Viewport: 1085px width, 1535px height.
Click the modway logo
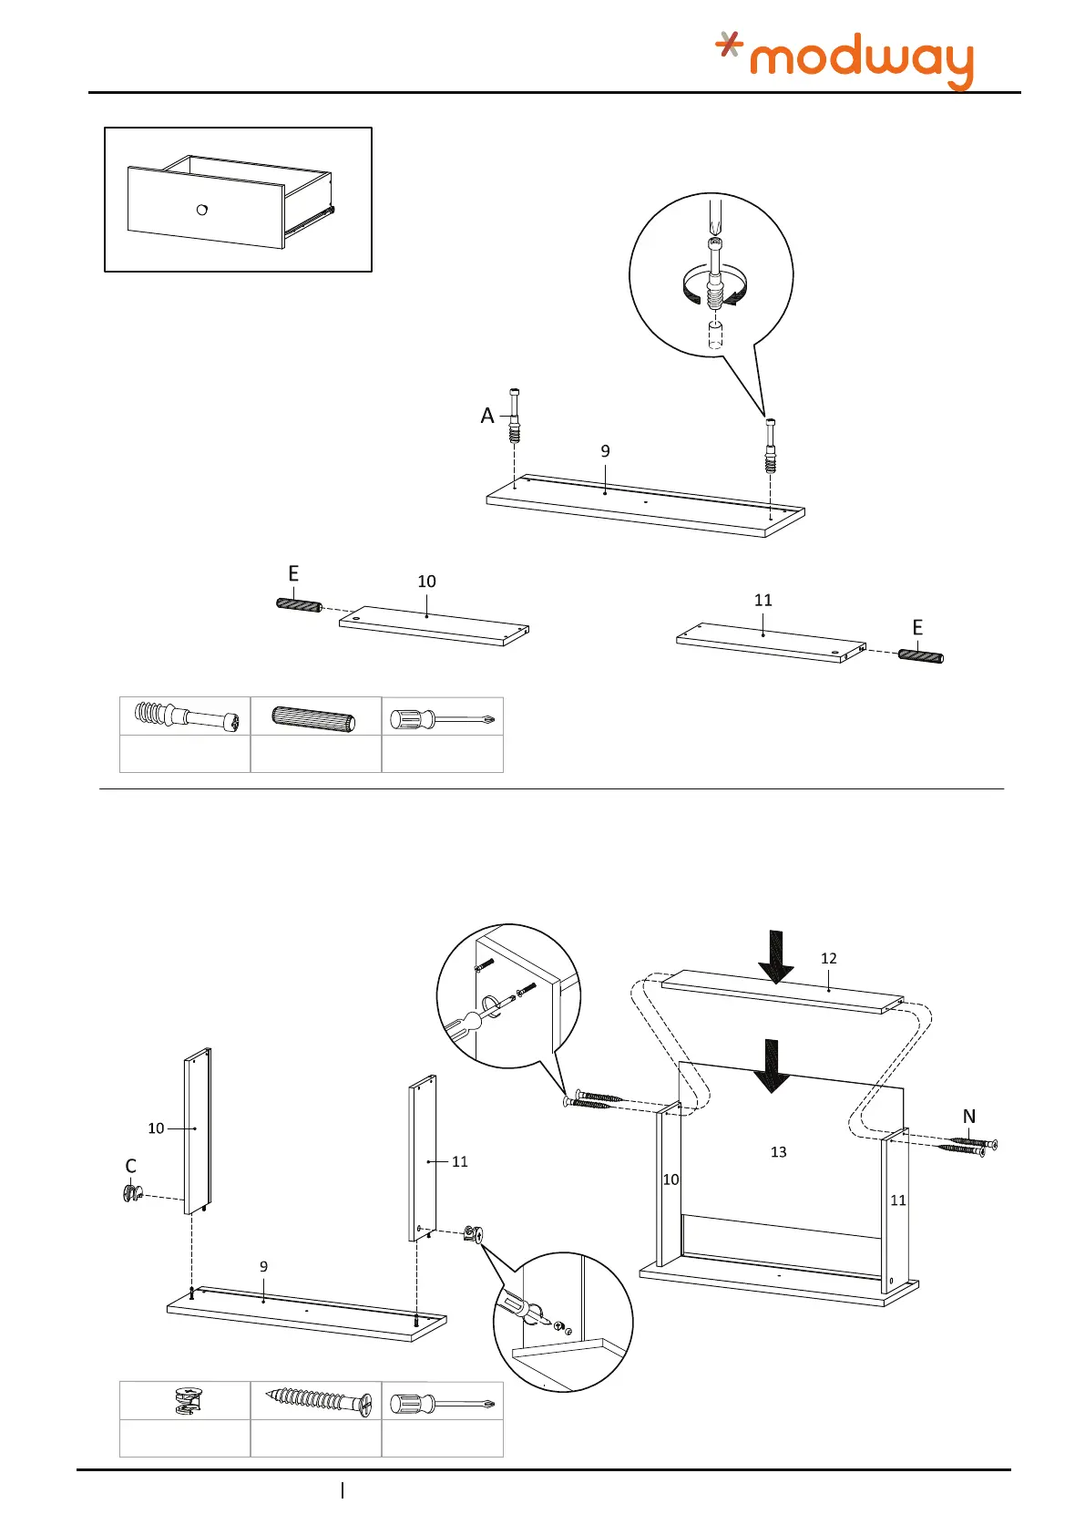pyautogui.click(x=844, y=59)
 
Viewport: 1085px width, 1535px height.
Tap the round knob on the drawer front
pyautogui.click(x=202, y=210)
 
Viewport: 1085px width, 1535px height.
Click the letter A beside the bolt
pyautogui.click(x=487, y=417)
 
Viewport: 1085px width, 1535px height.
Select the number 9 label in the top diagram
pyautogui.click(x=605, y=451)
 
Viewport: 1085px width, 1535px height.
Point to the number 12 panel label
pyautogui.click(x=828, y=959)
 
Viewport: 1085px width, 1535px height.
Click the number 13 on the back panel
pyautogui.click(x=778, y=1152)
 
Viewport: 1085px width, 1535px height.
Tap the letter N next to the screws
pyautogui.click(x=969, y=1117)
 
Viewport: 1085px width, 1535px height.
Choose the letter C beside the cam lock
pyautogui.click(x=130, y=1167)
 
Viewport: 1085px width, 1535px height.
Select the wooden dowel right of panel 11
pyautogui.click(x=920, y=654)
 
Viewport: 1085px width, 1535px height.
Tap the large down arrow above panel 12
pyautogui.click(x=775, y=957)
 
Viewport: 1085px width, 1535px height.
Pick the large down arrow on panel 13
pyautogui.click(x=772, y=1066)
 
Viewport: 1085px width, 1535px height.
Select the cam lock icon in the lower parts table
pyautogui.click(x=185, y=1400)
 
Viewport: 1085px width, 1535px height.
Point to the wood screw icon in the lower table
pyautogui.click(x=320, y=1401)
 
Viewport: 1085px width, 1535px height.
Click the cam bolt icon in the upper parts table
pyautogui.click(x=186, y=716)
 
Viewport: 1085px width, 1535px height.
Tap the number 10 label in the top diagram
pyautogui.click(x=426, y=582)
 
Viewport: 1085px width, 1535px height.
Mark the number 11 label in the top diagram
pyautogui.click(x=763, y=600)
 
